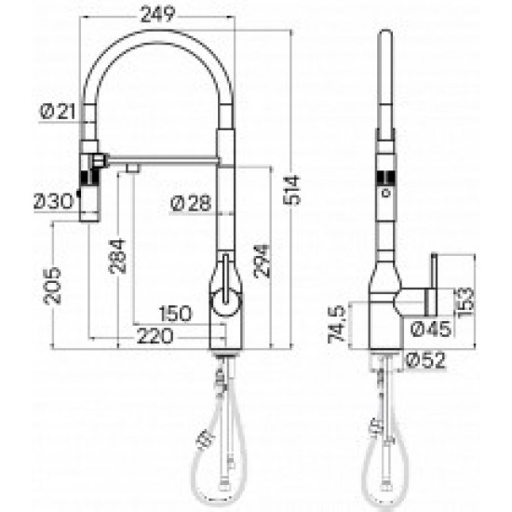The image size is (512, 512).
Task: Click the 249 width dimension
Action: [157, 15]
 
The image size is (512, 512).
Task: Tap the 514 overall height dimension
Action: [291, 190]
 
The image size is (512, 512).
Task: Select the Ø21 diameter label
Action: [58, 112]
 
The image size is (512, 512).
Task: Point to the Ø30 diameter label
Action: [54, 201]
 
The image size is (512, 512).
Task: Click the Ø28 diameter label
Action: [191, 203]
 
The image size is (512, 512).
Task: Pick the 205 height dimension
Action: [52, 286]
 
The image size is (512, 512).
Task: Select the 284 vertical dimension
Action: [117, 256]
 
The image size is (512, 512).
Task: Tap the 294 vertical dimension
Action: [262, 261]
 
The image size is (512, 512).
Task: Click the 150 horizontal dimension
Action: [175, 314]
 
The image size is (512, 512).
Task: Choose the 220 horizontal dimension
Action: [155, 336]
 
